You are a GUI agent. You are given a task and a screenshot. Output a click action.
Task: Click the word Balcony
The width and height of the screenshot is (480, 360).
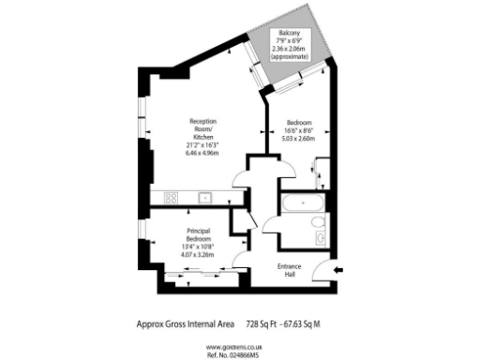[x=288, y=35]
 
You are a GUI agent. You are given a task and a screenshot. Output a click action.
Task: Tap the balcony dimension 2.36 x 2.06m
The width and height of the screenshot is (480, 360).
[x=288, y=50]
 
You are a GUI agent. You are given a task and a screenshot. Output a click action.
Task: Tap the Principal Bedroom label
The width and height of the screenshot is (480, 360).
[x=198, y=234]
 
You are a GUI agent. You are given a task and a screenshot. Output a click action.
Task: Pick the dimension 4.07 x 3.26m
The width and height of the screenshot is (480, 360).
[x=198, y=254]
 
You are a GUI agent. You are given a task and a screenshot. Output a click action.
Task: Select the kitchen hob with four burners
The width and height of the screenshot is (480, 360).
[x=172, y=197]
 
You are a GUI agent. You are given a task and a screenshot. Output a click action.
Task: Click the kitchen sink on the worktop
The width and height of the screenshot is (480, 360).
[x=205, y=197]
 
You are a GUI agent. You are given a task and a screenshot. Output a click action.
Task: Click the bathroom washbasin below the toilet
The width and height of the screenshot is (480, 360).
[x=321, y=239]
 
